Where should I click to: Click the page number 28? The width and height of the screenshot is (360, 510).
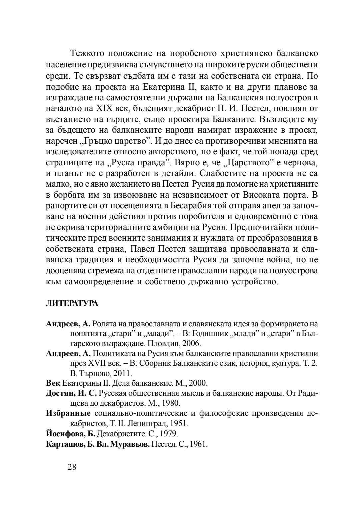pyautogui.click(x=72, y=467)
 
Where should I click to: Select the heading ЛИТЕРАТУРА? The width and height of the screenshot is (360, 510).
pyautogui.click(x=72, y=303)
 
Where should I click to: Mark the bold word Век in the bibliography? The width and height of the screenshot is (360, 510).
pyautogui.click(x=53, y=383)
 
